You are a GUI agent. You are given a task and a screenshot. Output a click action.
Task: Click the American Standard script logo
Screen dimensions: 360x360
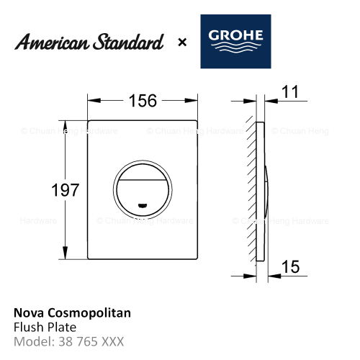[89, 42]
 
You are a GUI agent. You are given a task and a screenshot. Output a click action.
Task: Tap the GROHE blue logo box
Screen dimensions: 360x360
[235, 41]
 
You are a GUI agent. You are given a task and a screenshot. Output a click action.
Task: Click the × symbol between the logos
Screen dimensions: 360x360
[182, 42]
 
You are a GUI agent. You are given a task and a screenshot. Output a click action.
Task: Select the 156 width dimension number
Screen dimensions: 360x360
[143, 101]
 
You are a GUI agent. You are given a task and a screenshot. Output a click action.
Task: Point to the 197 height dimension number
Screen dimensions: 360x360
[65, 190]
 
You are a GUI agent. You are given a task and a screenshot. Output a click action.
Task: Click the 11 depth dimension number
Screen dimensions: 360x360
[290, 91]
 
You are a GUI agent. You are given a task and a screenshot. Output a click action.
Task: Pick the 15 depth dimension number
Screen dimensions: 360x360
[290, 266]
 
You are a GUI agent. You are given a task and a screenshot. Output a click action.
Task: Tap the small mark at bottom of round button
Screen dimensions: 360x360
[143, 205]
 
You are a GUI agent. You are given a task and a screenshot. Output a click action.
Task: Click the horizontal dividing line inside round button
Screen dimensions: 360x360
[143, 179]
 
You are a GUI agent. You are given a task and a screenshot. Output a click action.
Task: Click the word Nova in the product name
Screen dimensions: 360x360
[29, 313]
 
